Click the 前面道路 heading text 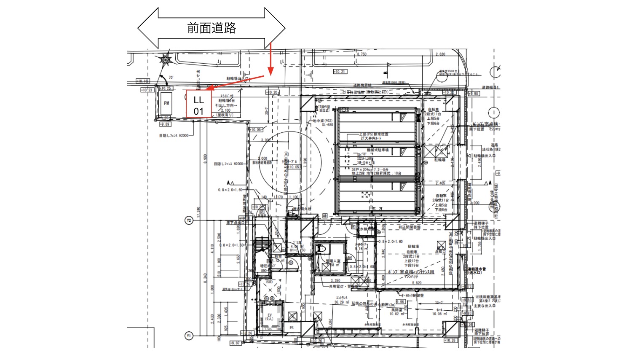click(x=212, y=28)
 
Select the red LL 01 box click(x=199, y=105)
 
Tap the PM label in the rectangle click(x=166, y=103)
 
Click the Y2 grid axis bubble click(x=189, y=220)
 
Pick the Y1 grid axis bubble click(x=189, y=336)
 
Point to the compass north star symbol click(x=166, y=60)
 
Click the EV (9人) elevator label click(x=270, y=317)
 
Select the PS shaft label click(x=292, y=328)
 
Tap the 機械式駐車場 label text click(x=378, y=150)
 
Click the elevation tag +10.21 click(x=340, y=72)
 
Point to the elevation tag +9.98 click(x=474, y=94)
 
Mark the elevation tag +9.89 click(x=164, y=124)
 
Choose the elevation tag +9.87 click(x=235, y=343)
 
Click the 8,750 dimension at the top click(x=362, y=54)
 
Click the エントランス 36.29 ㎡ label click(x=342, y=300)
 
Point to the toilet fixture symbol click(x=321, y=249)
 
